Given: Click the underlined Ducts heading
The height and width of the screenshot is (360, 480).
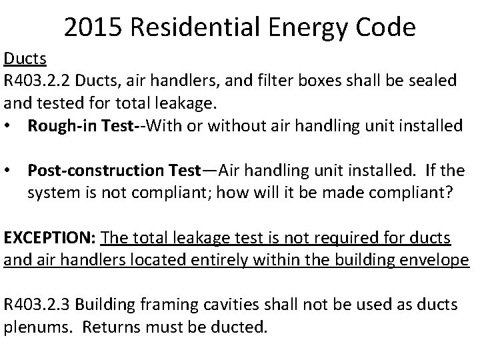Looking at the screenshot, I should tap(25, 59).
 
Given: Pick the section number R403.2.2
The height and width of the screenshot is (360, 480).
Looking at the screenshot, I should tap(39, 81).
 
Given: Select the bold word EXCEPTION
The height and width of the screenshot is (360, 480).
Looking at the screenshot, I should tap(49, 239).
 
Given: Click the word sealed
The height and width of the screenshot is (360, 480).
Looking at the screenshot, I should tap(433, 81).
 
